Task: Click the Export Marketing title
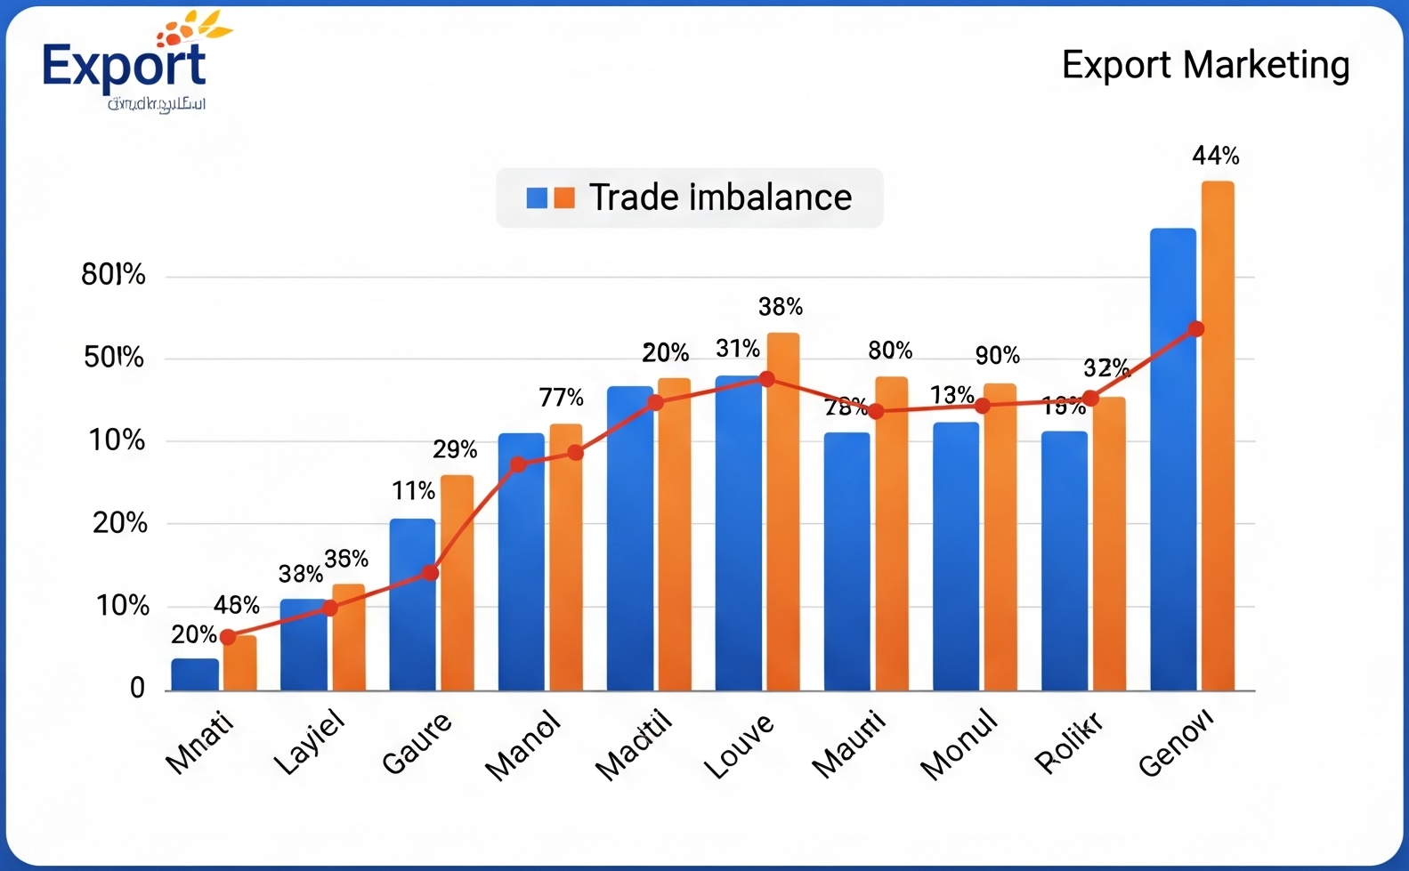click(1205, 66)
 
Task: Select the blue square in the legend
click(537, 198)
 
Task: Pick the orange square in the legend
click(564, 198)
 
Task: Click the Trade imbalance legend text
click(720, 198)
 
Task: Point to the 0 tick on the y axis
click(137, 688)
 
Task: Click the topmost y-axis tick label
click(113, 275)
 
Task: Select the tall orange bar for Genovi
click(1218, 436)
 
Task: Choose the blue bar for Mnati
click(195, 674)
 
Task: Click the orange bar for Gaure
click(458, 583)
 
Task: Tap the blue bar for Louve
click(739, 534)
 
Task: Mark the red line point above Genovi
click(1196, 329)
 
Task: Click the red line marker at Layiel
click(329, 609)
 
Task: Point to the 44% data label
click(1215, 157)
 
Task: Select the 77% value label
click(561, 398)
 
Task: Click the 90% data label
click(997, 356)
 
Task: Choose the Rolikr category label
click(1069, 742)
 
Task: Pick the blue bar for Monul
click(956, 556)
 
